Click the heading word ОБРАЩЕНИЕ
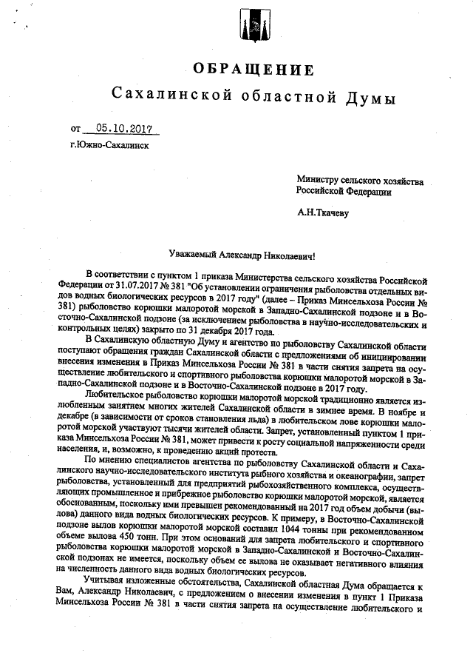click(252, 70)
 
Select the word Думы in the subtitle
click(370, 97)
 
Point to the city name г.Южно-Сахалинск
click(109, 145)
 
